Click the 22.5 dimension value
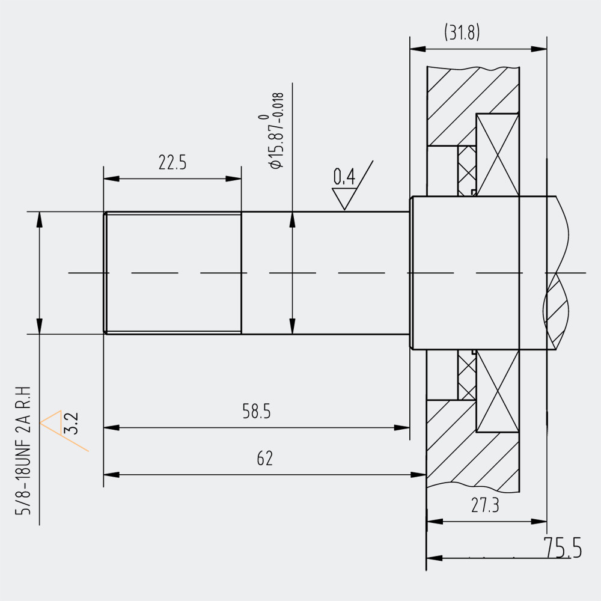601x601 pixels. click(172, 163)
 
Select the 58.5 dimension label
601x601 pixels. click(257, 412)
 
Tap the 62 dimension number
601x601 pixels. click(264, 459)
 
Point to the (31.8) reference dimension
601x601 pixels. click(462, 32)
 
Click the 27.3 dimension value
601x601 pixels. click(485, 505)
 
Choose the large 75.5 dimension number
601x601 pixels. click(563, 548)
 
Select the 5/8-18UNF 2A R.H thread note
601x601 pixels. click(26, 450)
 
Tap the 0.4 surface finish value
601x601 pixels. click(344, 177)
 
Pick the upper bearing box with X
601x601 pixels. click(497, 155)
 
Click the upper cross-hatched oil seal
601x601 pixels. click(466, 171)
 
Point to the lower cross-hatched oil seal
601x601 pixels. click(466, 376)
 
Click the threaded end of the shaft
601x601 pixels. click(173, 272)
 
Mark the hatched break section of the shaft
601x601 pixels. click(557, 313)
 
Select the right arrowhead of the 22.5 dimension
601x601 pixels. click(234, 178)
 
